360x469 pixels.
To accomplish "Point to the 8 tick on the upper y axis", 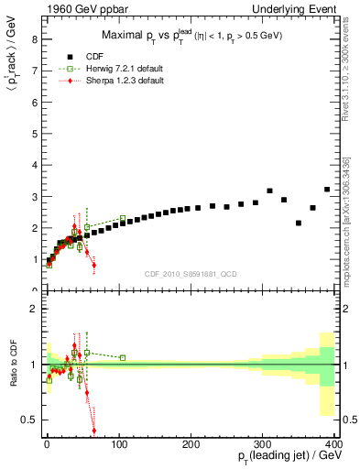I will click(34, 39).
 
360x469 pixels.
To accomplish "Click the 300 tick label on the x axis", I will click(263, 444).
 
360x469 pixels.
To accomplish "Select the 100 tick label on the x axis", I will click(119, 444).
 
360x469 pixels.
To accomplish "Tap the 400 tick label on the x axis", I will click(333, 444).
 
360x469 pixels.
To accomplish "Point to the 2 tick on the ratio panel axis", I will click(34, 309).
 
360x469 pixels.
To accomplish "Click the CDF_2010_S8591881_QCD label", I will click(191, 273).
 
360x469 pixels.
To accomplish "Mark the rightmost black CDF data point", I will click(327, 190).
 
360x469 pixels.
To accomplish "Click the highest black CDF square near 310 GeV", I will click(269, 191).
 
